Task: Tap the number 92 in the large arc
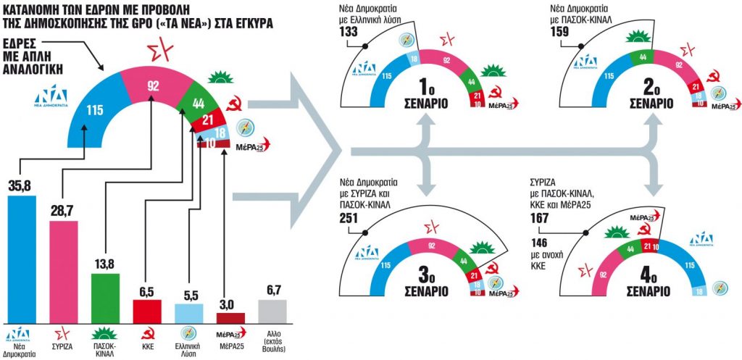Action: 153,85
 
